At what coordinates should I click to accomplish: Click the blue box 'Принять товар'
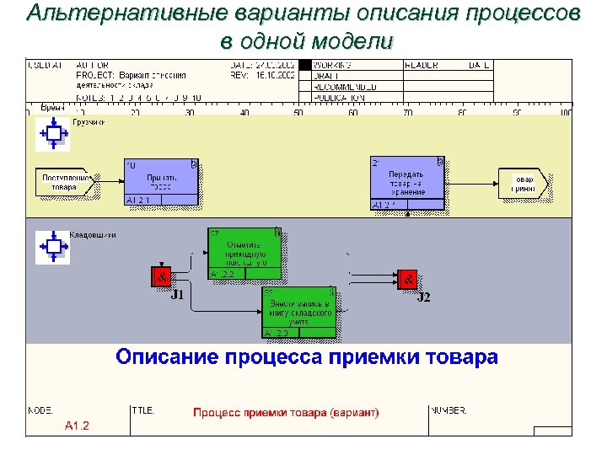click(161, 182)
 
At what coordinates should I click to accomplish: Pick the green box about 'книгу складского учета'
click(300, 313)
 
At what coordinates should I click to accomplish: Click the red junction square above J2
click(407, 278)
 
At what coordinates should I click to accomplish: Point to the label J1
click(177, 295)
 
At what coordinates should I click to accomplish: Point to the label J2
click(423, 297)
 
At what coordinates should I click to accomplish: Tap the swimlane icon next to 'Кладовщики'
click(53, 245)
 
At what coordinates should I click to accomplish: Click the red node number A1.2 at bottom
click(77, 425)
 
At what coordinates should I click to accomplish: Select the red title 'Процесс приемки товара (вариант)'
click(286, 412)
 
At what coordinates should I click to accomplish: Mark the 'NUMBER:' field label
click(449, 410)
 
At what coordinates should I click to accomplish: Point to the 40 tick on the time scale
click(244, 113)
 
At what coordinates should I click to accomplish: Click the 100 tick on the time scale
click(565, 113)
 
